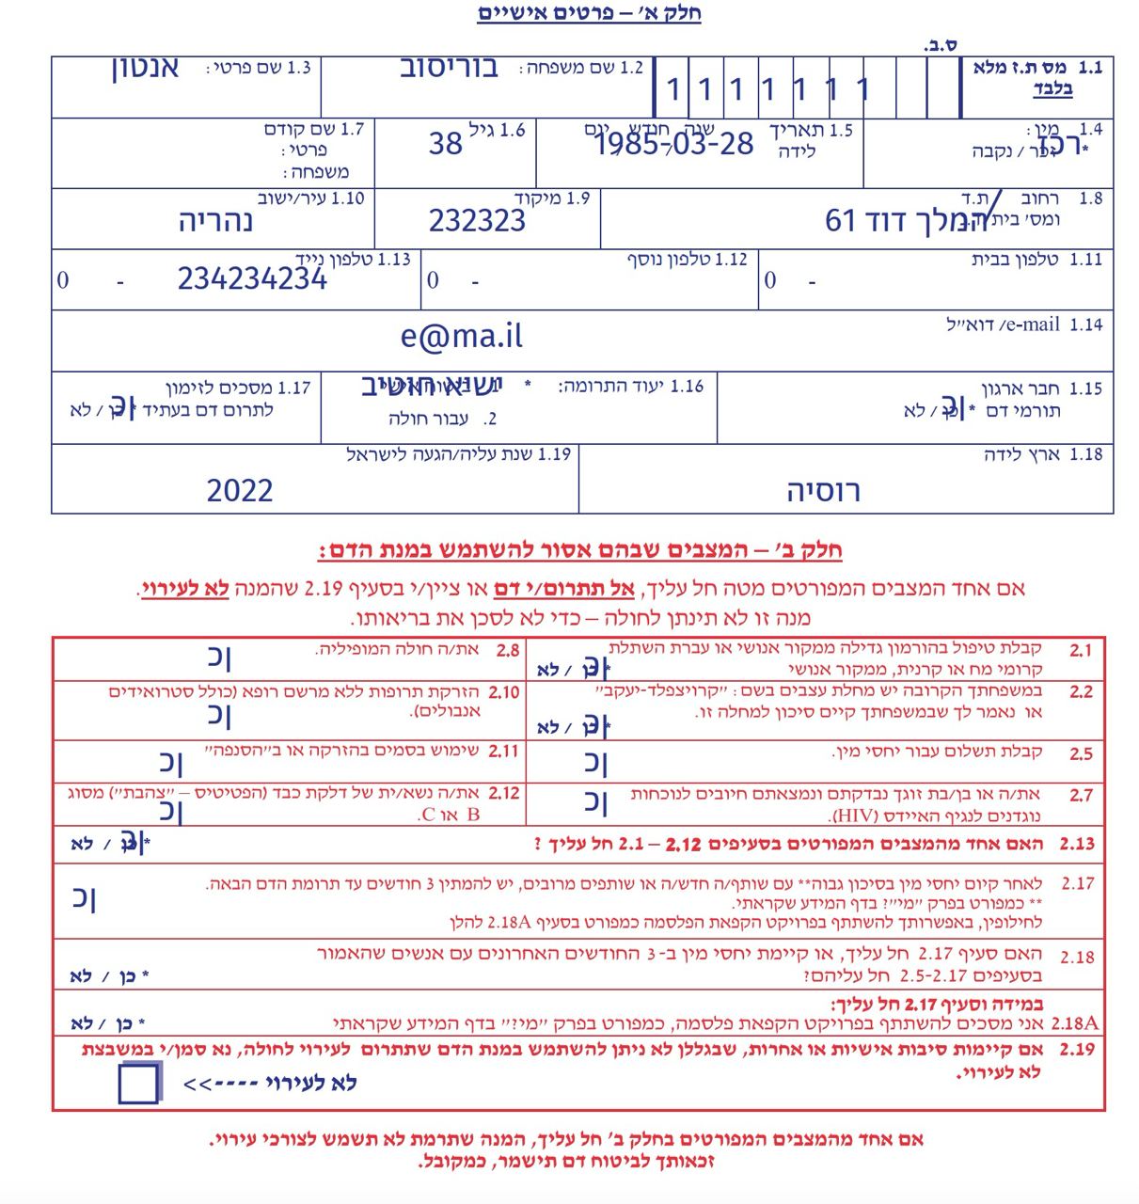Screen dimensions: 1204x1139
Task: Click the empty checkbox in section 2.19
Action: point(139,1083)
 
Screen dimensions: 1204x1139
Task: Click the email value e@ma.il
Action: point(461,337)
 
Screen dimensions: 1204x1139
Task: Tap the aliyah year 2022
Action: point(240,490)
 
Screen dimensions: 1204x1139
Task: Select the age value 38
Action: point(445,144)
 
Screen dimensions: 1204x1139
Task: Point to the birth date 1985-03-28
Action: point(674,144)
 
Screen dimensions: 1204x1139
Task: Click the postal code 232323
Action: point(477,221)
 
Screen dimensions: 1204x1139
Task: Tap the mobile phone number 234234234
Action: point(252,279)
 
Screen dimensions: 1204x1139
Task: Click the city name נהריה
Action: point(215,222)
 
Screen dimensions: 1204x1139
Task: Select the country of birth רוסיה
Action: point(823,491)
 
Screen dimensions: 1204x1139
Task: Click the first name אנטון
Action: point(145,70)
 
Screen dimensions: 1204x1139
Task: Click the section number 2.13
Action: point(1077,844)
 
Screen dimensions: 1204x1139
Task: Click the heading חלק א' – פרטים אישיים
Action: point(589,13)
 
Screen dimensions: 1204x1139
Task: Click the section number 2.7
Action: point(1081,795)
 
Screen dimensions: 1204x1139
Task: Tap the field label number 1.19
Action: point(555,454)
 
